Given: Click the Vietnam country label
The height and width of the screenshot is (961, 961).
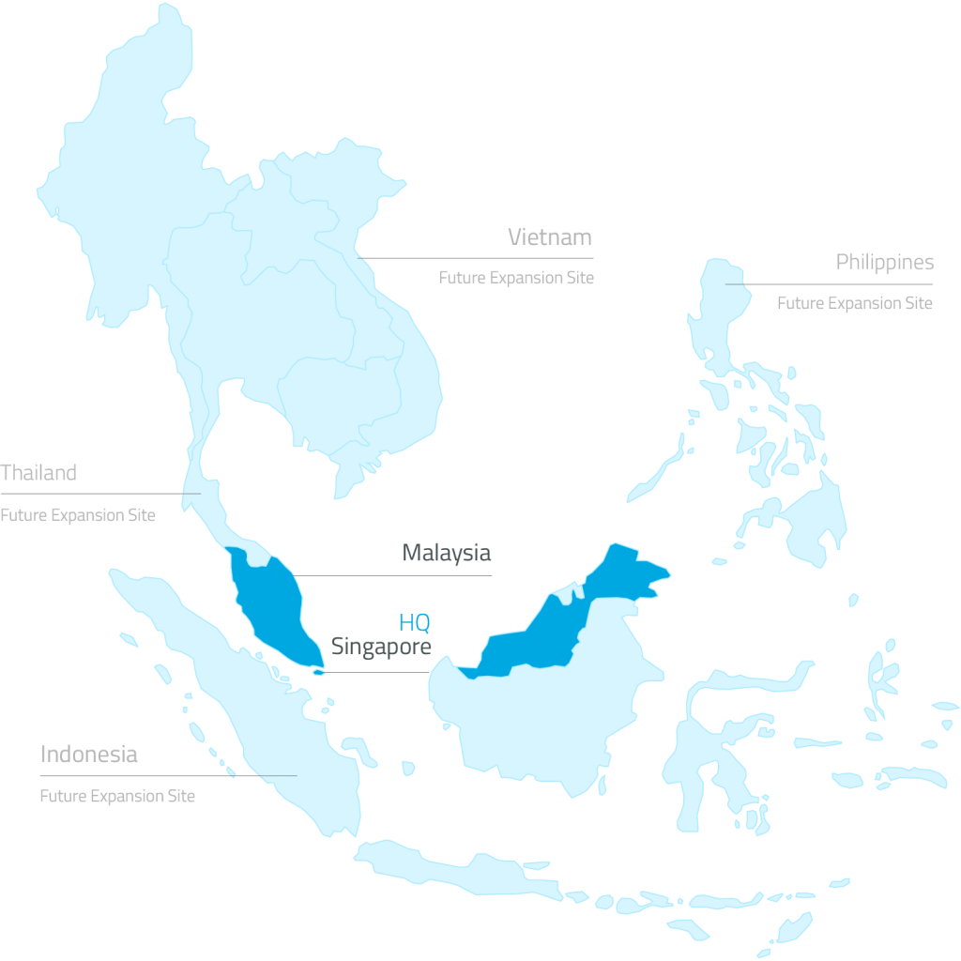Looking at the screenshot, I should coord(550,236).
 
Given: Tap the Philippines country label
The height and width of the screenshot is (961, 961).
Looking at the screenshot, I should coord(884,262).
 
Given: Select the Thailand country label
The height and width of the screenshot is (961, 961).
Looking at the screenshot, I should coord(38,472).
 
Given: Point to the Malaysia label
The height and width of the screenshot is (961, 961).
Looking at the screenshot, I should coord(447,553).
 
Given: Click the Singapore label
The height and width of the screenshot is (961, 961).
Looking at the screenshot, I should coord(381,647).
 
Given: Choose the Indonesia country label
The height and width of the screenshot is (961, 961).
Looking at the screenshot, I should coord(88,754).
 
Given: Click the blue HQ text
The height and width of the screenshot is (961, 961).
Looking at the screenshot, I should coord(414,623).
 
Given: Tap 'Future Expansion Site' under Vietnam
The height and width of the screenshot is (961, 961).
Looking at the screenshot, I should coord(516,278).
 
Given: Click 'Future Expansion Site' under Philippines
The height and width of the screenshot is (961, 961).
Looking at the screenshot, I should coord(854,303).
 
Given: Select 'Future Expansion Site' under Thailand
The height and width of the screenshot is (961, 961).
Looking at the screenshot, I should coord(78,515).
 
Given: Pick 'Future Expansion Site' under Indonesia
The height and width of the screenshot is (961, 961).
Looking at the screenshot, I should coord(117,796).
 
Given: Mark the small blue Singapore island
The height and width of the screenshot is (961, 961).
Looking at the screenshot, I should coord(319,671).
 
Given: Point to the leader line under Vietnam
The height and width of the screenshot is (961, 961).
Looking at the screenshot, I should coord(479,257).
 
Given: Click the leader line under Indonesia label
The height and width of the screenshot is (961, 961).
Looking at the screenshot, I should coord(169,776).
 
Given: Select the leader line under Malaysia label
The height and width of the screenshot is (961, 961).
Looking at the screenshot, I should coord(394,575).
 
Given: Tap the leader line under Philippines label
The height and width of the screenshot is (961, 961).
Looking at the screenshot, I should coord(831,283).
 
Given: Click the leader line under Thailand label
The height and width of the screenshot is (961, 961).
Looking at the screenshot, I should coord(99,494).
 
